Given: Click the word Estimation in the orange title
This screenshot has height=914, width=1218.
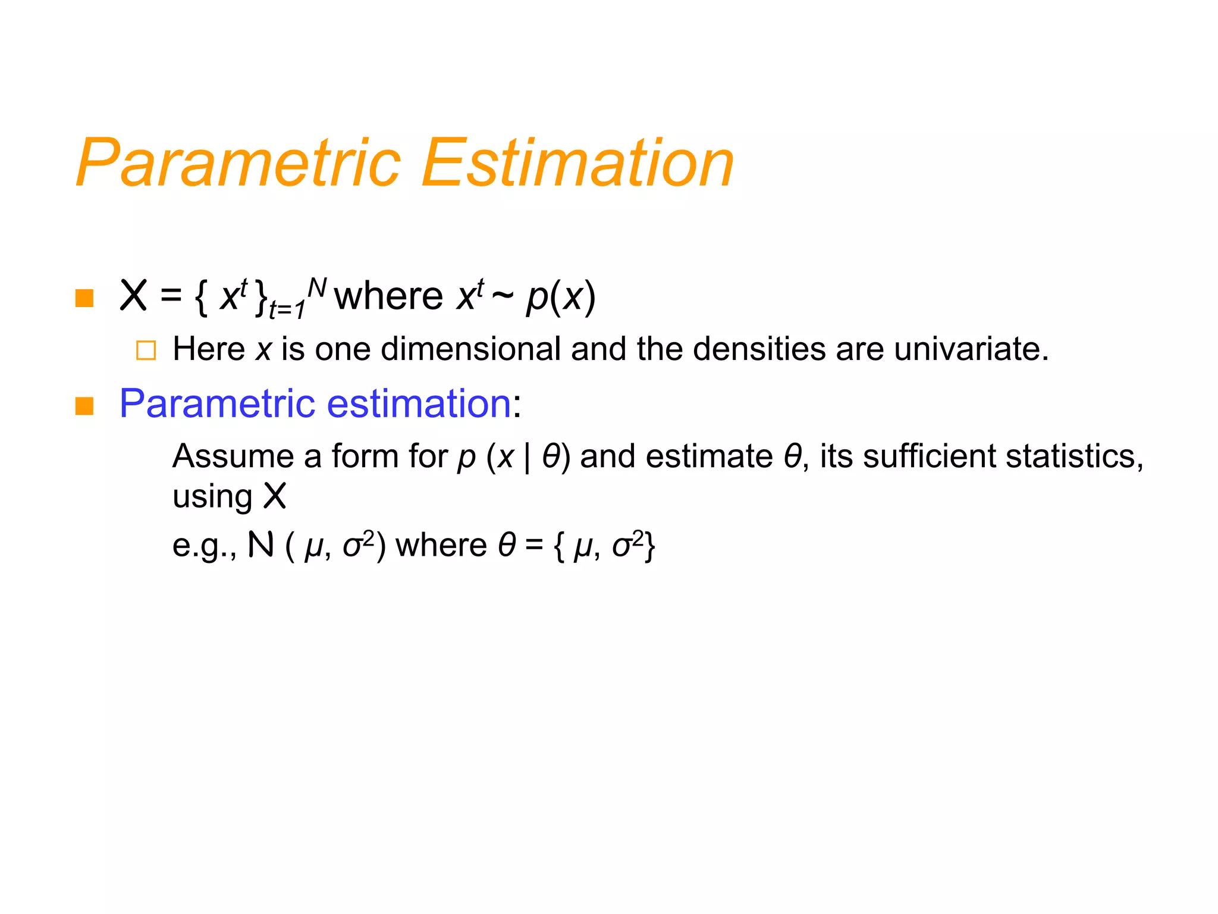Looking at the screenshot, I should (577, 163).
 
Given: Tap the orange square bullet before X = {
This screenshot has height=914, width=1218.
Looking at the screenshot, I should (84, 298).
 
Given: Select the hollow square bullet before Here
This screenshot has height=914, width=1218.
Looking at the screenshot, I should (146, 350).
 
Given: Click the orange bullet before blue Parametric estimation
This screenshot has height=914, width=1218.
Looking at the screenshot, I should (84, 406).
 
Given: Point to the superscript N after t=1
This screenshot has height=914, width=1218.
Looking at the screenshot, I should (317, 288).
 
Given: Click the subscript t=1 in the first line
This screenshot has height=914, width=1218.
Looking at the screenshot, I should (287, 310).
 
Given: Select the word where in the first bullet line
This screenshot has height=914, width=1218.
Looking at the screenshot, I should (388, 296).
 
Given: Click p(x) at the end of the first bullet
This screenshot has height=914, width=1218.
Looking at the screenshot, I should (560, 296).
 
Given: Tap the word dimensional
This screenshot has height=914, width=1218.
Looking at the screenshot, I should (470, 349).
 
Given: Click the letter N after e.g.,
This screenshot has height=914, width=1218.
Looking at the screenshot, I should (260, 544).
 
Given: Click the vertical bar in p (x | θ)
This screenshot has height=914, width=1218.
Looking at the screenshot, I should (528, 458).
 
